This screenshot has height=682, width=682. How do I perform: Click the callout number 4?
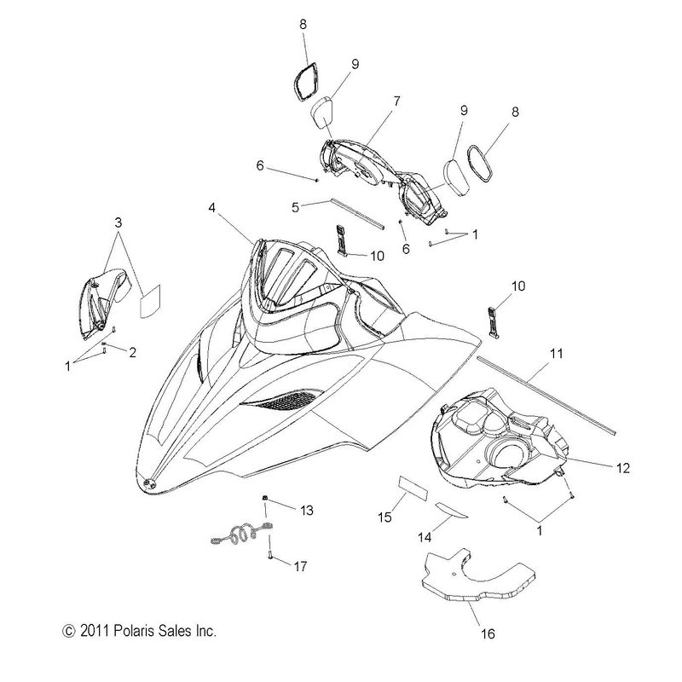tap(211, 208)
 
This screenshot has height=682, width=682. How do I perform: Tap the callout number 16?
tap(488, 633)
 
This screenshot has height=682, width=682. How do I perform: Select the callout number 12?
tap(623, 468)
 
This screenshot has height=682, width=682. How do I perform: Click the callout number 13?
tap(307, 510)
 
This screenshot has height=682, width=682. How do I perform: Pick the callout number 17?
tap(300, 566)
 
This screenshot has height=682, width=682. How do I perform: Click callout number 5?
tap(295, 207)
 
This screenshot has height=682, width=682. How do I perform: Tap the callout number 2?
tap(131, 352)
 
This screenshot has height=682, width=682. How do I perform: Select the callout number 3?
tap(118, 223)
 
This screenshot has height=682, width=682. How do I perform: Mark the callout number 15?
tap(384, 517)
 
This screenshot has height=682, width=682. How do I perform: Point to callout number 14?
tap(425, 538)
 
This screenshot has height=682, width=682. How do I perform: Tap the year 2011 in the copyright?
tap(95, 631)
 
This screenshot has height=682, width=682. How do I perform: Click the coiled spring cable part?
tap(242, 534)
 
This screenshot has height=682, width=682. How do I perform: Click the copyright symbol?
tap(69, 631)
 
